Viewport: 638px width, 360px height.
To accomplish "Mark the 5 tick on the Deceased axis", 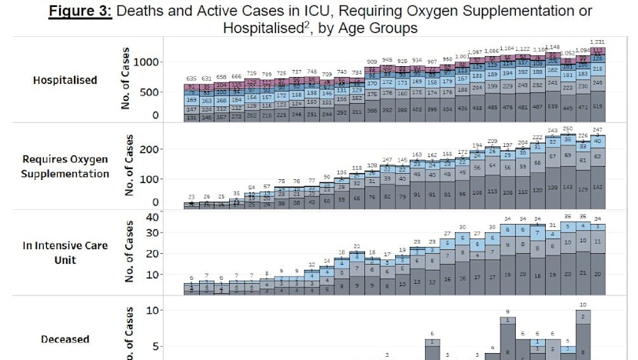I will pos(157,346).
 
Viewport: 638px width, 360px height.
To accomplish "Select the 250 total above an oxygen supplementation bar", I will pos(567,128).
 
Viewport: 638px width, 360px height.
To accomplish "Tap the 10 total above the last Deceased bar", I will pos(583,305).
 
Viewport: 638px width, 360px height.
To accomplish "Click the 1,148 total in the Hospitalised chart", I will pos(553,47).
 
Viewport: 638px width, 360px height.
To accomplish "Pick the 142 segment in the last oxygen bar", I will pos(598,187).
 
